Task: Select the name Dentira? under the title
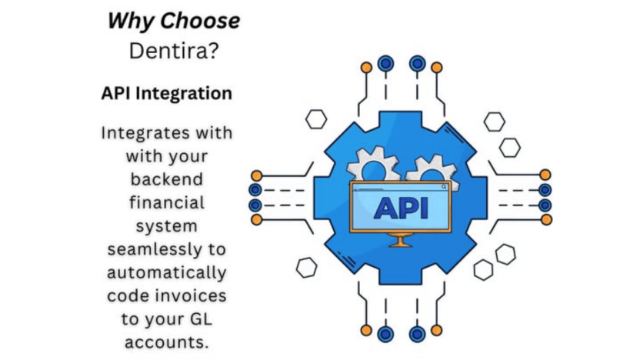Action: (173, 51)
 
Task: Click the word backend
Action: (166, 179)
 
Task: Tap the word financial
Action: (166, 203)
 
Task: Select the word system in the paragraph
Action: (166, 227)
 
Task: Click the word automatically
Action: (166, 273)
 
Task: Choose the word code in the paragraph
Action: (128, 295)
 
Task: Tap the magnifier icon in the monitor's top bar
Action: (443, 187)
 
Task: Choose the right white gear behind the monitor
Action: (431, 169)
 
